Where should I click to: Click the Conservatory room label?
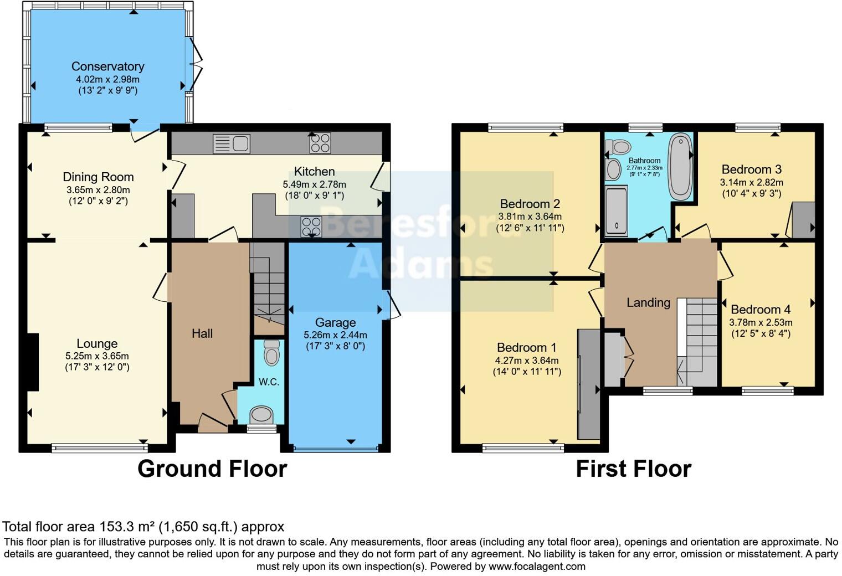click(107, 66)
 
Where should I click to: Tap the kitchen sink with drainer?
click(231, 144)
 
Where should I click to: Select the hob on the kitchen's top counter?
click(320, 143)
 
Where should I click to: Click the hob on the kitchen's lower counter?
click(311, 227)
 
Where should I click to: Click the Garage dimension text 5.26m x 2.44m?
click(335, 335)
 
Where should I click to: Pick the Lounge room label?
click(97, 343)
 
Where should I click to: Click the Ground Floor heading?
click(212, 469)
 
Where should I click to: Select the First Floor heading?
click(633, 469)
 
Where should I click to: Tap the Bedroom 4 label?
click(761, 310)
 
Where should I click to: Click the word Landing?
click(648, 302)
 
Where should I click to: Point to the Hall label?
click(202, 333)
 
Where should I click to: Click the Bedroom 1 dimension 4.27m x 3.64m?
click(526, 360)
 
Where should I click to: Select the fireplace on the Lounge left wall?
click(33, 361)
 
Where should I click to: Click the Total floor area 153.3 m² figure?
click(143, 526)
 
